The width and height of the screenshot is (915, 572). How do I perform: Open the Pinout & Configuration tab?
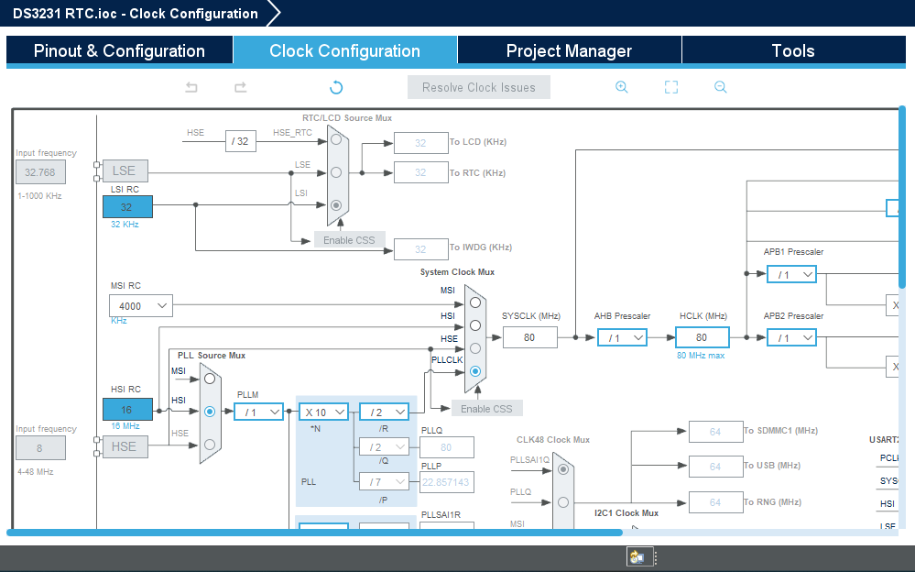pyautogui.click(x=119, y=51)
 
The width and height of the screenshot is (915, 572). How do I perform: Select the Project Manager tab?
pyautogui.click(x=569, y=51)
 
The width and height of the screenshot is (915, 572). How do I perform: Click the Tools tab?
pyautogui.click(x=793, y=51)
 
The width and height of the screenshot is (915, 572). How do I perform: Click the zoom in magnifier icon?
pyautogui.click(x=622, y=87)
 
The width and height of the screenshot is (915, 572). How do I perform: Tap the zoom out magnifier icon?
pyautogui.click(x=721, y=87)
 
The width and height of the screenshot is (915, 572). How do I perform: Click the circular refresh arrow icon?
pyautogui.click(x=336, y=87)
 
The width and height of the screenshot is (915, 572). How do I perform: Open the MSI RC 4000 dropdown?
pyautogui.click(x=141, y=305)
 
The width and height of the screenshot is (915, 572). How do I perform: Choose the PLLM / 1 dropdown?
pyautogui.click(x=258, y=412)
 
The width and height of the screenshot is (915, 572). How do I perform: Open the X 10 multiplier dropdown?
pyautogui.click(x=323, y=412)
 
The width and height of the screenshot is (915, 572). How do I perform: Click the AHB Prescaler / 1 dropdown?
pyautogui.click(x=622, y=337)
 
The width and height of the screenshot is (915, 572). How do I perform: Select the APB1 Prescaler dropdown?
pyautogui.click(x=791, y=274)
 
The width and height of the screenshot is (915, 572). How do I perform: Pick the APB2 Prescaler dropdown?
pyautogui.click(x=791, y=337)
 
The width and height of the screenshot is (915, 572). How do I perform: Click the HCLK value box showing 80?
pyautogui.click(x=702, y=337)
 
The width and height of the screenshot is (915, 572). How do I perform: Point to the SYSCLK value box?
pyautogui.click(x=529, y=337)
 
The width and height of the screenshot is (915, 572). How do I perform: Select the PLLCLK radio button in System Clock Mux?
pyautogui.click(x=474, y=371)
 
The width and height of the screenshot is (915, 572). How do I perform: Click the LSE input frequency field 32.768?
pyautogui.click(x=40, y=171)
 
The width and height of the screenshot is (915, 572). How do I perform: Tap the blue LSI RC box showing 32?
pyautogui.click(x=127, y=207)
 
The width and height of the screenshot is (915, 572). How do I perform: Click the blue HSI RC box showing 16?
pyautogui.click(x=127, y=410)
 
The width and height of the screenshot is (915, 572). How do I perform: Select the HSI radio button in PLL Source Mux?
pyautogui.click(x=210, y=412)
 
